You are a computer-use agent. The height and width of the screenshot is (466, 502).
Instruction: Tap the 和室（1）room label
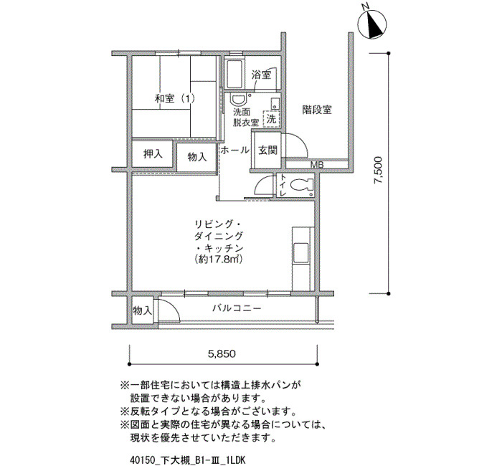(174, 98)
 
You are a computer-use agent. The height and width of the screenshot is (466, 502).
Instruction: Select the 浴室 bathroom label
(261, 75)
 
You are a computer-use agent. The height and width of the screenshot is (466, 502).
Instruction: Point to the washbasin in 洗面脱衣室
(238, 100)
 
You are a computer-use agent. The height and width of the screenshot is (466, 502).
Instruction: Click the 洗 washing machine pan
(272, 119)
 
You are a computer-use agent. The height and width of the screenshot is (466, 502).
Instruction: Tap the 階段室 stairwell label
(317, 110)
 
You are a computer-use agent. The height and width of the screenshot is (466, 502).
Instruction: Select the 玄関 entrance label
(267, 150)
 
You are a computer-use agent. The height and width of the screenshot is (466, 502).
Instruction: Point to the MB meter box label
(317, 165)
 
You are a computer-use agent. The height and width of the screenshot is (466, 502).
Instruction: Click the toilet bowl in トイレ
(300, 184)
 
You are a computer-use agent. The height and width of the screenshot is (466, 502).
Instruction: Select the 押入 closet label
(153, 154)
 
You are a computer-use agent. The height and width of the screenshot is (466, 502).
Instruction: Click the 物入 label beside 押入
(197, 157)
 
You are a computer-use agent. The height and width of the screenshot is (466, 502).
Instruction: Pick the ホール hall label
(235, 150)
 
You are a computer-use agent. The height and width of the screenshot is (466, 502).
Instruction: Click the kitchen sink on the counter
(301, 253)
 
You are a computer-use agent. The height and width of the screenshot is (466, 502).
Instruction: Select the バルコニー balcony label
(237, 308)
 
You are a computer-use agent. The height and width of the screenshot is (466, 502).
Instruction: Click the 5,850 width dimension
(222, 353)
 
